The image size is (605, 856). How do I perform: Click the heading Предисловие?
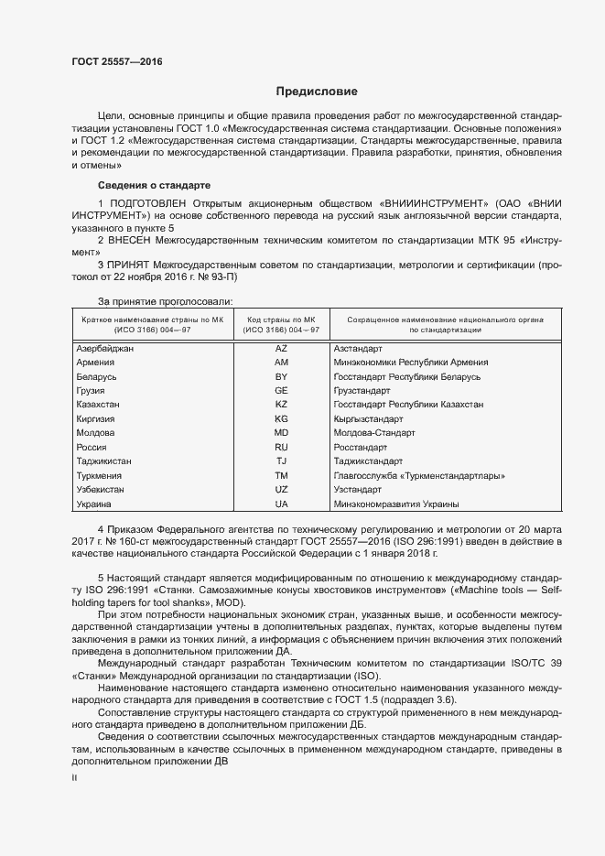318,92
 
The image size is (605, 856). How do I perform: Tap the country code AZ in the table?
281,349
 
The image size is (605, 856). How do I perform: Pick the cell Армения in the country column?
94,363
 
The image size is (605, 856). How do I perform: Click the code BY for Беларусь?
281,376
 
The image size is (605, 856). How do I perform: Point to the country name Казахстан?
96,405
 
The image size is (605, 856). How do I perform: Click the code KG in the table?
281,418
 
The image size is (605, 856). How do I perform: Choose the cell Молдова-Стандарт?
374,432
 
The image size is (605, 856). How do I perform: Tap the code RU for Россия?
281,447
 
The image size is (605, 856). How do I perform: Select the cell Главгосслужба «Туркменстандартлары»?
420,475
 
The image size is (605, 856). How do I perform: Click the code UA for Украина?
281,504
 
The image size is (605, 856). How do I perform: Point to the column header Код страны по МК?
281,319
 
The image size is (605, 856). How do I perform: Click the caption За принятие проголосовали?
165,300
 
